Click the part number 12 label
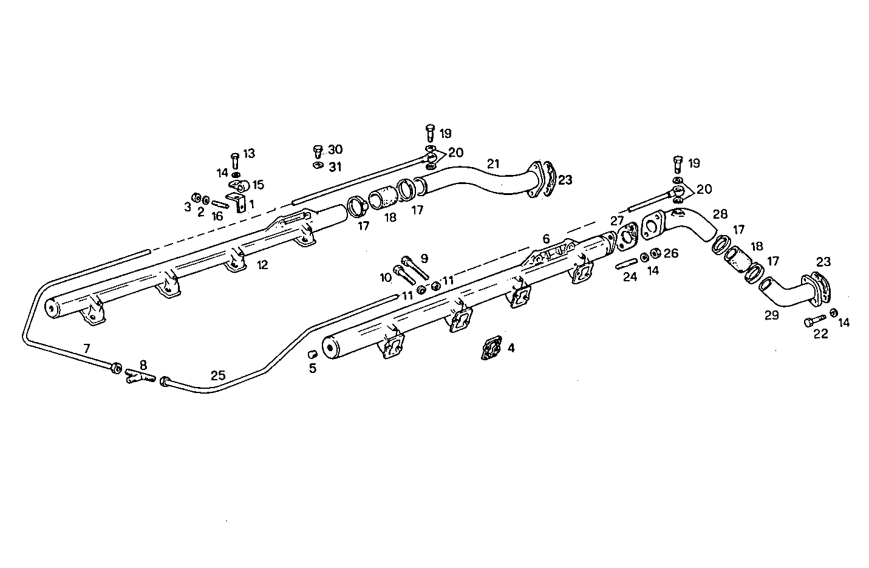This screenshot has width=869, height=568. (262, 265)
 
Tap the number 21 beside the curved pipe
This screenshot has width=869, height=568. (492, 163)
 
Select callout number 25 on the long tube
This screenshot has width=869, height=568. (218, 375)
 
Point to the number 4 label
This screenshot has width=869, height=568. (511, 348)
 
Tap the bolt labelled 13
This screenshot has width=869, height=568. (236, 161)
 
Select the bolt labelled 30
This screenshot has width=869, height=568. (316, 151)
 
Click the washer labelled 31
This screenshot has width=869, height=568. (317, 165)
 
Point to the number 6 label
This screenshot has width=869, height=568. (545, 239)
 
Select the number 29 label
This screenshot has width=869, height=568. (771, 315)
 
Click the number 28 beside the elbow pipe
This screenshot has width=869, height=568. (720, 214)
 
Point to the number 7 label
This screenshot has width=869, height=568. (87, 348)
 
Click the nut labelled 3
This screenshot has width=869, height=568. (196, 197)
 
